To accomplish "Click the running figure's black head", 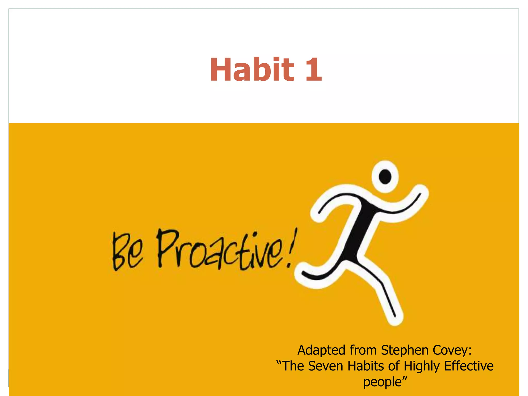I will point(385,177).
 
